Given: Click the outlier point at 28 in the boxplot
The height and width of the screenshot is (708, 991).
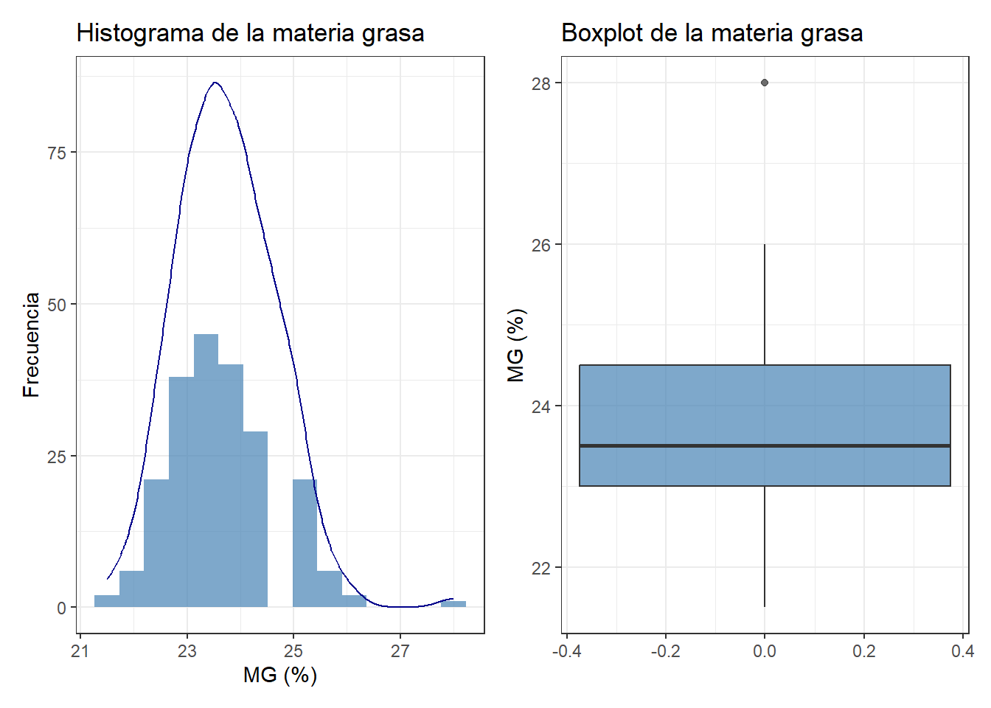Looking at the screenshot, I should [x=765, y=83].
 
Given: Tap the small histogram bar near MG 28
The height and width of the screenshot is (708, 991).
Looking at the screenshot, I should [x=453, y=604].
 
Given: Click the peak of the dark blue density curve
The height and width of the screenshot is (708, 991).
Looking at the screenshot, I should [x=215, y=83].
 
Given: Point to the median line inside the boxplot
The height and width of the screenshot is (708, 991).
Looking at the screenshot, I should [x=765, y=445].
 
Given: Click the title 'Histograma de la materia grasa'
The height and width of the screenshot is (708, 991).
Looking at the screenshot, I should [x=250, y=33].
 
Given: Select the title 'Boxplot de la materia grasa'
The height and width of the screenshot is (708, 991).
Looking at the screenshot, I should [x=712, y=33].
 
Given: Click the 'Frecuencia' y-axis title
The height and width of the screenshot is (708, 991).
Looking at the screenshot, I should [x=31, y=344].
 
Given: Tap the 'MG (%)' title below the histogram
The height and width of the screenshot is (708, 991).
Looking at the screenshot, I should [x=280, y=675].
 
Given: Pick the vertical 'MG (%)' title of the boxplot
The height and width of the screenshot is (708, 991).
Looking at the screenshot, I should [x=516, y=344].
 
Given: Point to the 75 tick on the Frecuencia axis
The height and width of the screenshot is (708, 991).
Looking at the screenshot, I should [x=57, y=153].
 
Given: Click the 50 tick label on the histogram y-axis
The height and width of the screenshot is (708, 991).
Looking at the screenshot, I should [x=57, y=305].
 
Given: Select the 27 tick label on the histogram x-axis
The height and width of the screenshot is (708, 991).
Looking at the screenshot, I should [x=400, y=650].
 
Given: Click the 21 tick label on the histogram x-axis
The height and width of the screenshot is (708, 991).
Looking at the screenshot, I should [x=80, y=650].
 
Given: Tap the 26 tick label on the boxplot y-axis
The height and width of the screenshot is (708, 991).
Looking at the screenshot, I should [x=541, y=245].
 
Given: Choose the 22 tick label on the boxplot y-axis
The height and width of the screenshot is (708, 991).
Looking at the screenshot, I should [x=541, y=568].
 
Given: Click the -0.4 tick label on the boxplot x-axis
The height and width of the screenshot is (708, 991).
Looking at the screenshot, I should [x=566, y=650].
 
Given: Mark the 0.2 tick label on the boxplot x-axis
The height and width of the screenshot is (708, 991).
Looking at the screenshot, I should [x=863, y=650].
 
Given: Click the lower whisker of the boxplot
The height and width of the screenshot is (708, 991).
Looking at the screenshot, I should [x=765, y=546].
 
